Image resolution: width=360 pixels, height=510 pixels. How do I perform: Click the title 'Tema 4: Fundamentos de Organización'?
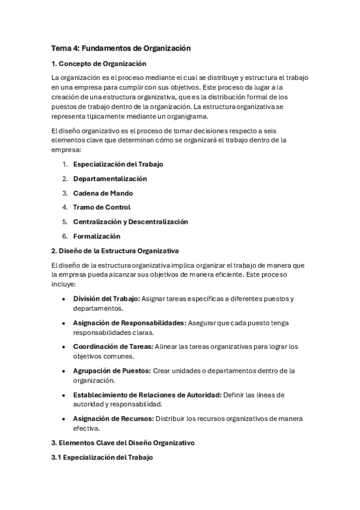122,49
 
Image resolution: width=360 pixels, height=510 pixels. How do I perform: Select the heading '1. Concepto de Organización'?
99,64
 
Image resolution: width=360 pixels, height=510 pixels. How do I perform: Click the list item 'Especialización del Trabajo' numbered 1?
118,164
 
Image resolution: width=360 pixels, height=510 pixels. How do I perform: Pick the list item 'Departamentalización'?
110,179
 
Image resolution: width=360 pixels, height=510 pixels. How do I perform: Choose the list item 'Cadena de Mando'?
103,193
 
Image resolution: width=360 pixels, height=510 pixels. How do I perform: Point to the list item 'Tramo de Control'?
102,207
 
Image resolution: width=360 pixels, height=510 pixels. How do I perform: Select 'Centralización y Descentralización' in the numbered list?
130,222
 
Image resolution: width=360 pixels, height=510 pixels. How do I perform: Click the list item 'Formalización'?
97,236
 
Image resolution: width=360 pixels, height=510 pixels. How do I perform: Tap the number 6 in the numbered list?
64,236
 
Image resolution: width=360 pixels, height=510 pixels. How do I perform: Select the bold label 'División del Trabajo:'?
107,299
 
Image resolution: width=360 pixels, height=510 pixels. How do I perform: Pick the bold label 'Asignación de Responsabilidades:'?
130,323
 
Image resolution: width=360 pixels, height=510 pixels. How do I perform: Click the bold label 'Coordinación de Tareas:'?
113,347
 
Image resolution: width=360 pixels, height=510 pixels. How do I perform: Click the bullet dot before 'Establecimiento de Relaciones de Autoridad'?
64,395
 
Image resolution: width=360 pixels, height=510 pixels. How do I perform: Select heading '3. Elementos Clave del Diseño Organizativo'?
123,443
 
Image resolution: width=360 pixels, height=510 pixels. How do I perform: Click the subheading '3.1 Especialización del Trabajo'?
102,458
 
